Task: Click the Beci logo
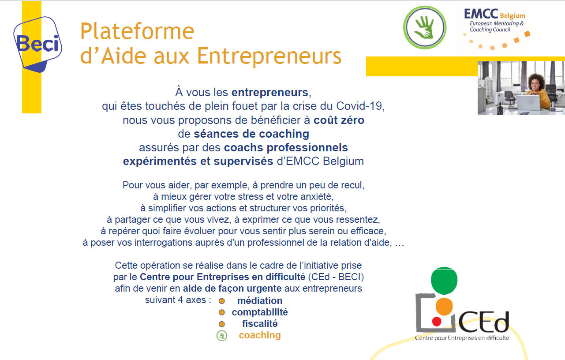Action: [x=38, y=45]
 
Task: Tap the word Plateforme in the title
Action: [x=137, y=31]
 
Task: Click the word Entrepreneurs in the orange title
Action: [x=269, y=56]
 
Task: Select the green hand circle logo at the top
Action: [x=425, y=27]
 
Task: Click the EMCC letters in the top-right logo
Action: [x=481, y=14]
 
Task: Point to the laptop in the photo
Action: [x=528, y=103]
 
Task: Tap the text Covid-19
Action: [x=360, y=106]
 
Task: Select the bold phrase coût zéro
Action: [x=339, y=120]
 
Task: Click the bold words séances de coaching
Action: [x=251, y=134]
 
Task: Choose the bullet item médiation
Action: [x=260, y=301]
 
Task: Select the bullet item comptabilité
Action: [x=260, y=312]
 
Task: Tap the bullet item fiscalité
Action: [x=260, y=324]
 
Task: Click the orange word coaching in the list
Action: [x=260, y=335]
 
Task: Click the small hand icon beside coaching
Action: [x=222, y=336]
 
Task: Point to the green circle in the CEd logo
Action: [x=444, y=281]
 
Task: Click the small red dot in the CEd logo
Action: [x=437, y=322]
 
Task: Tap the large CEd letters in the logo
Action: [x=483, y=322]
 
